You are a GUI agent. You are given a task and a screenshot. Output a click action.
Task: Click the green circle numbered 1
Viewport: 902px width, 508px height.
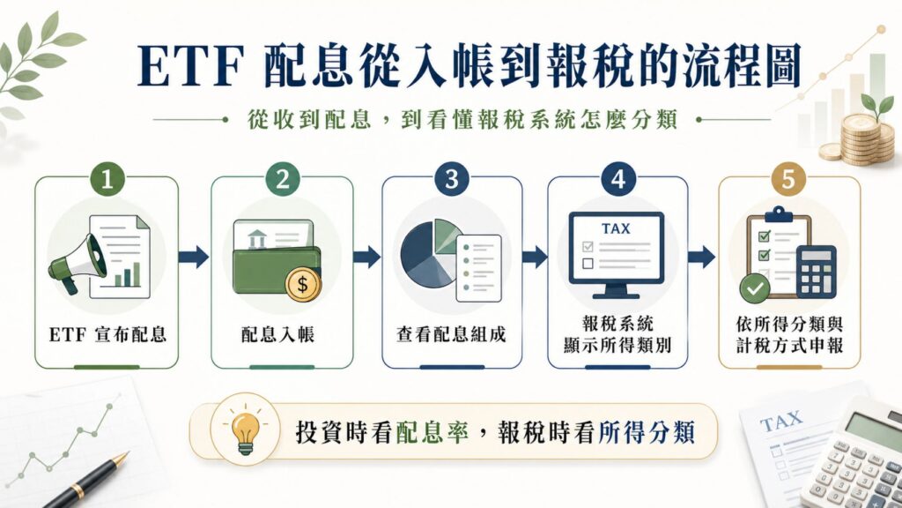(x=107, y=179)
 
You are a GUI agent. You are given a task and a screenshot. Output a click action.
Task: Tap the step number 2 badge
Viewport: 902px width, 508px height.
(x=283, y=179)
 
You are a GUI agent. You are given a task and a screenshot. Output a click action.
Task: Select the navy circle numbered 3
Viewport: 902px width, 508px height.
(x=452, y=179)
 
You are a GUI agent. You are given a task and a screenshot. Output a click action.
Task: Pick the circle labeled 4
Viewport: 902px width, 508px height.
(x=617, y=179)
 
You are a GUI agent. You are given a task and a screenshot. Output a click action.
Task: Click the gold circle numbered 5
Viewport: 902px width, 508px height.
(x=788, y=179)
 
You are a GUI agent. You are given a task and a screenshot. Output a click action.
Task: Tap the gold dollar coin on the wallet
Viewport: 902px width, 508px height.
(x=303, y=285)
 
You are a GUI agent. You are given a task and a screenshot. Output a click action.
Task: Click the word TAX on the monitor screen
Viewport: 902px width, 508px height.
(x=616, y=228)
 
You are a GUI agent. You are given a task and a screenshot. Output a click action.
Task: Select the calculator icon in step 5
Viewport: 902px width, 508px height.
(x=817, y=272)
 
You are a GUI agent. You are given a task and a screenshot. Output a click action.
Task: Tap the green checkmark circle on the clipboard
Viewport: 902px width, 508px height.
(x=755, y=288)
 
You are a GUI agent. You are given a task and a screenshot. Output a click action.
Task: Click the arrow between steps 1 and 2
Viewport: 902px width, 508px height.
(x=193, y=257)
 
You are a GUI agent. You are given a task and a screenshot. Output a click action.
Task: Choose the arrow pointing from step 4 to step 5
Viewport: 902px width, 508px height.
(x=702, y=257)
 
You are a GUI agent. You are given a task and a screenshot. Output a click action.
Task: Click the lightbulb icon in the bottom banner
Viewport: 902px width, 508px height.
(x=246, y=430)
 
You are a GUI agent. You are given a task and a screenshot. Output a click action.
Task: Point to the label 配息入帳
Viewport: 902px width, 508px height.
(x=277, y=334)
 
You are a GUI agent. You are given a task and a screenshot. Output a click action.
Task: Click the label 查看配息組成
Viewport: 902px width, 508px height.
(x=451, y=334)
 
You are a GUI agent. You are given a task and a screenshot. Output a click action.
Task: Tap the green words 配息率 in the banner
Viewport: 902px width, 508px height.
(x=432, y=432)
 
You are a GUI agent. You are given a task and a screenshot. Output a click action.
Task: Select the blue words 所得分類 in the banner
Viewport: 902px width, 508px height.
(x=646, y=432)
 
